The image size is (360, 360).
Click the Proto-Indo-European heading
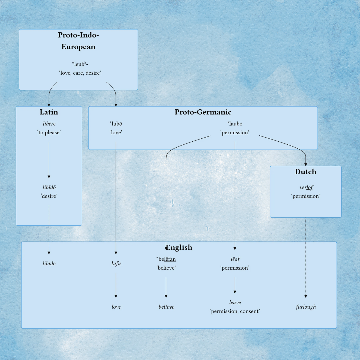pyautogui.click(x=78, y=41)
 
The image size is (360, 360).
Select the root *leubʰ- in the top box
pyautogui.click(x=80, y=64)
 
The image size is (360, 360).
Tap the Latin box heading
pyautogui.click(x=49, y=112)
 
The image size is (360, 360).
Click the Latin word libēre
pyautogui.click(x=49, y=124)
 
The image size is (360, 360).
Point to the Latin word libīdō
pyautogui.click(x=49, y=187)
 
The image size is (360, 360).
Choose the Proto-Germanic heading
pyautogui.click(x=203, y=112)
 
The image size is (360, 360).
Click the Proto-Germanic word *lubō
pyautogui.click(x=116, y=124)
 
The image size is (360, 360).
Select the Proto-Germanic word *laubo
pyautogui.click(x=235, y=124)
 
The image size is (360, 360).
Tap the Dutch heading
pyautogui.click(x=305, y=172)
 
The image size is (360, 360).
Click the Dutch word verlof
pyautogui.click(x=306, y=188)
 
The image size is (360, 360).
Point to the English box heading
pyautogui.click(x=179, y=247)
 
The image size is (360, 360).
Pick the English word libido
pyautogui.click(x=49, y=264)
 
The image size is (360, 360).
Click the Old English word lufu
pyautogui.click(x=116, y=264)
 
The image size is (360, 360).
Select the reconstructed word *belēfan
pyautogui.click(x=166, y=259)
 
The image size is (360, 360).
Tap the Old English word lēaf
pyautogui.click(x=235, y=259)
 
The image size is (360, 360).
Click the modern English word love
pyautogui.click(x=116, y=307)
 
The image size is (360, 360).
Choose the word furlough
pyautogui.click(x=306, y=307)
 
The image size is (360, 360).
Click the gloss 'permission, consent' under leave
pyautogui.click(x=235, y=311)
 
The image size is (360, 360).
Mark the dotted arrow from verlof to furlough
pyautogui.click(x=306, y=257)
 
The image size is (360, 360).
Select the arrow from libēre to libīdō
pyautogui.click(x=49, y=160)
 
